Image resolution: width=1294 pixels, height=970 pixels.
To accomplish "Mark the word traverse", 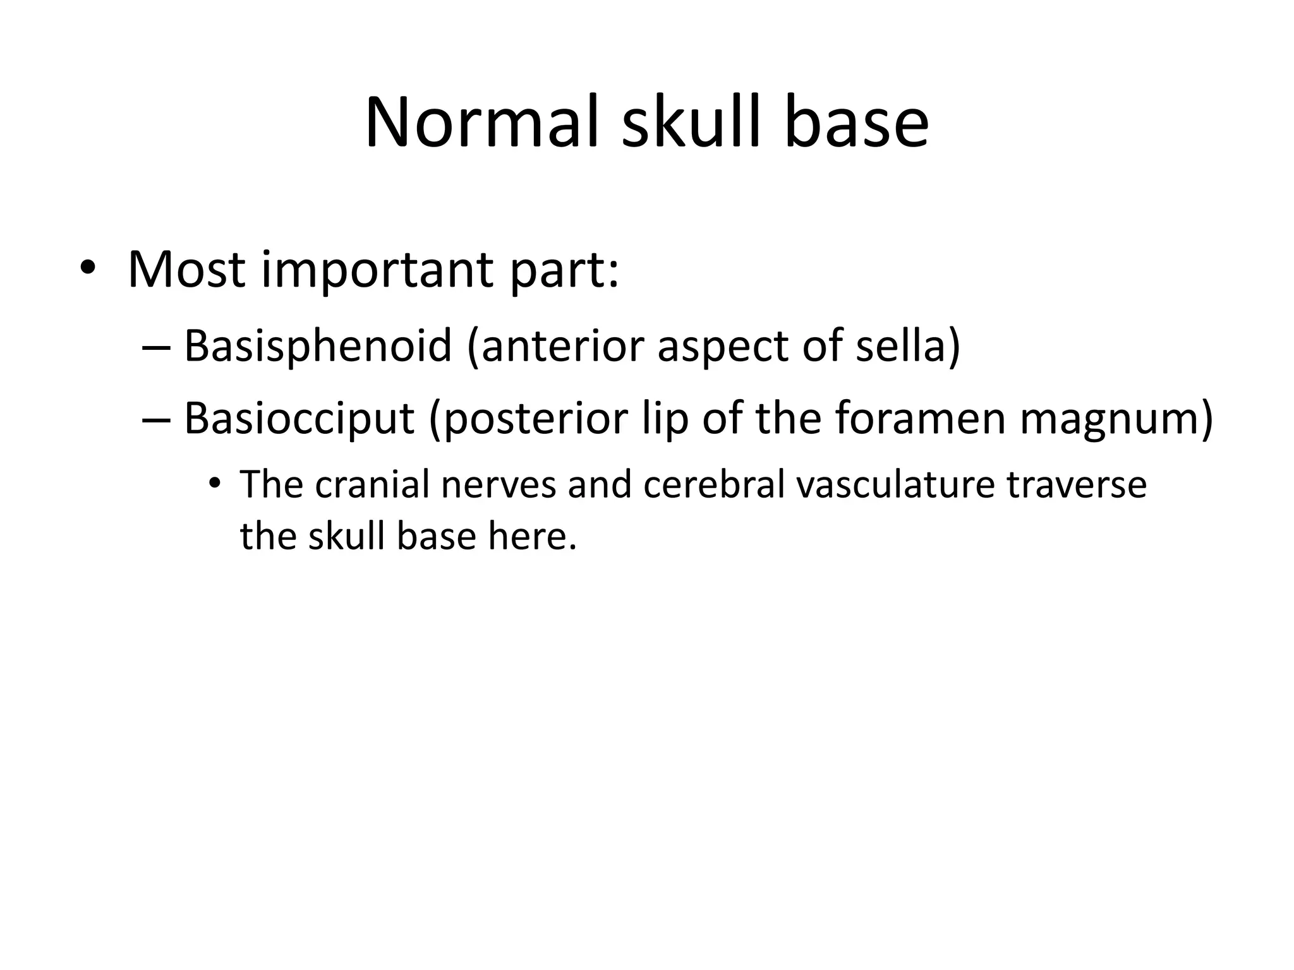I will pos(1076,485).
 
